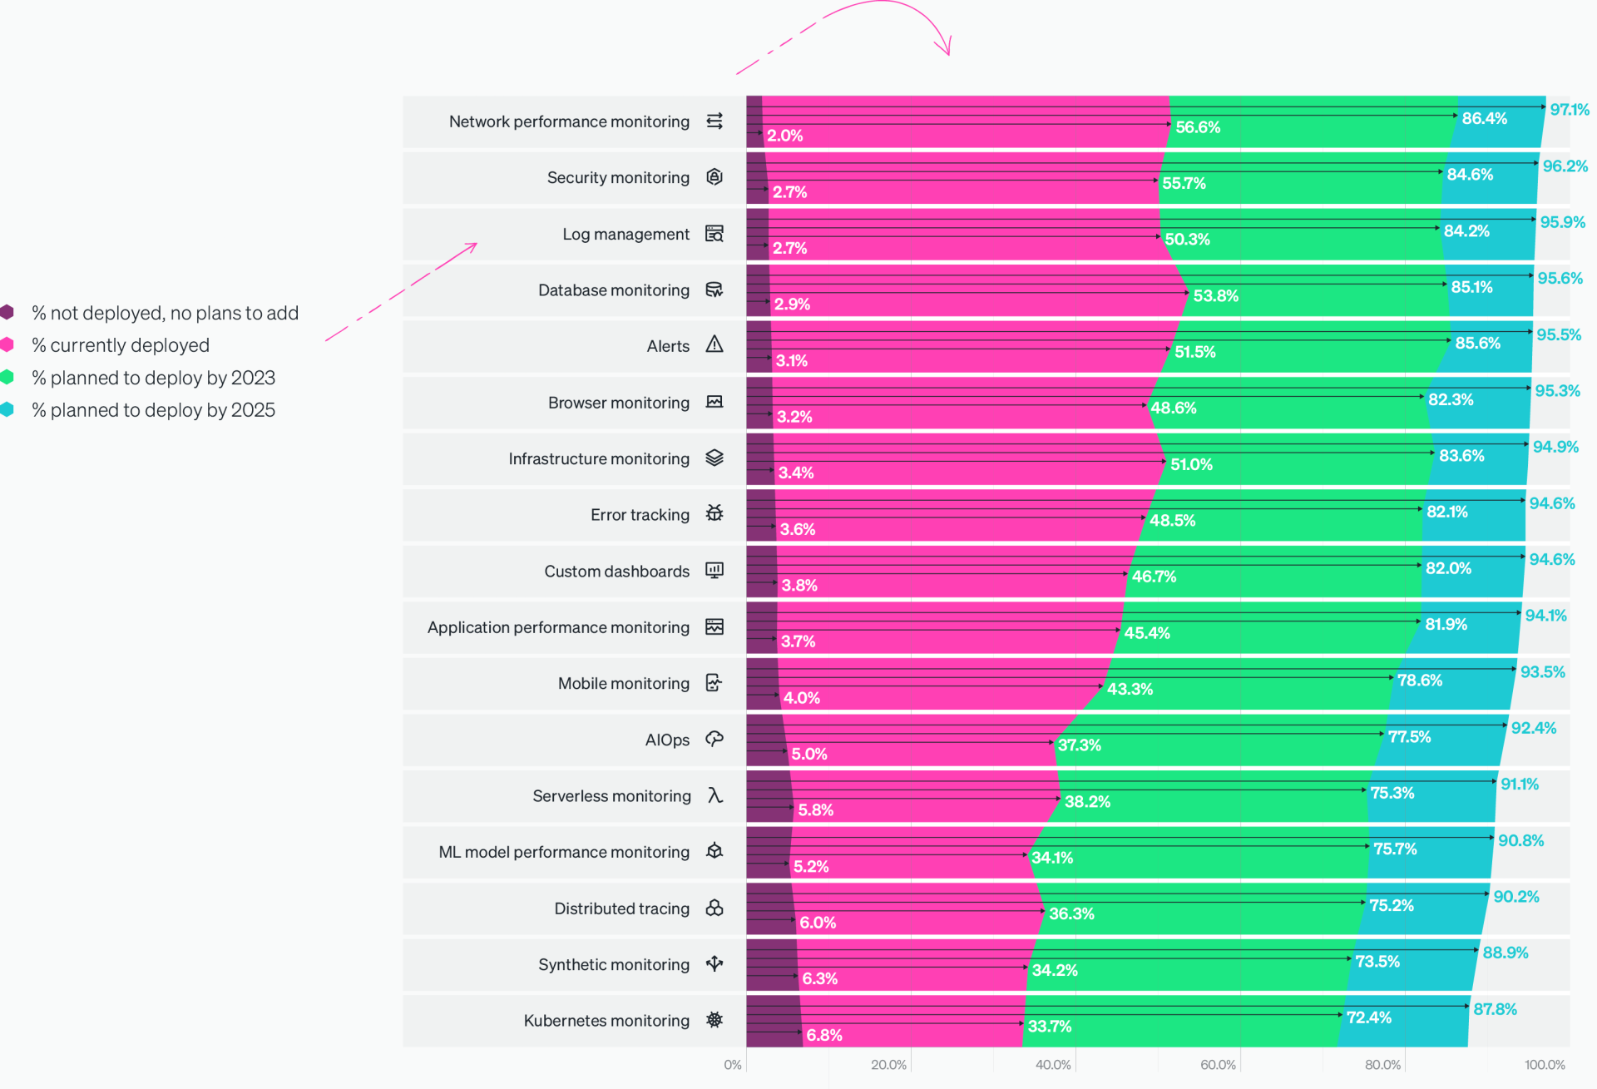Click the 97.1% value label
tap(1569, 110)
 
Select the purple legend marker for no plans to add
tap(7, 313)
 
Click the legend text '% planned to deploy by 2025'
tap(153, 410)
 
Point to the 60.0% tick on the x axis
tap(1218, 1065)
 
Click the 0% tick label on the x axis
tap(732, 1065)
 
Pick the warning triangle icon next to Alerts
tap(714, 344)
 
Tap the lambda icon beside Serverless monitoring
tap(714, 795)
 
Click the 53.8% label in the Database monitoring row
tap(1215, 296)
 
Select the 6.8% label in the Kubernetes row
tap(823, 1035)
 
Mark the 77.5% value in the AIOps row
tap(1409, 737)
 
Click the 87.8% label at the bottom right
tap(1495, 1009)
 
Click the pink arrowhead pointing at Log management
tap(472, 245)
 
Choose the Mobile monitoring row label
tap(623, 684)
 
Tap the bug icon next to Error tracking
tap(714, 513)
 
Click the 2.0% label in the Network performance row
tap(784, 136)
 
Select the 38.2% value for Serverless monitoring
tap(1087, 802)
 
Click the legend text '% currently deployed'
tap(121, 345)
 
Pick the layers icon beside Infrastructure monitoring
tap(714, 458)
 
